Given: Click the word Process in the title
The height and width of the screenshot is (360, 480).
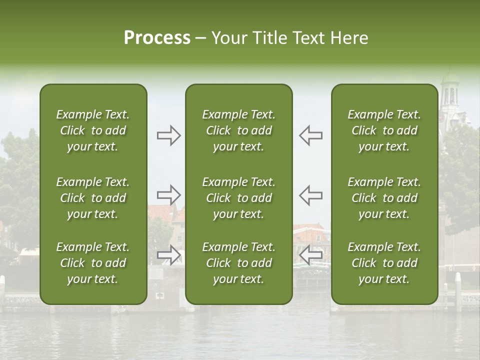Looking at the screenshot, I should coord(157,38).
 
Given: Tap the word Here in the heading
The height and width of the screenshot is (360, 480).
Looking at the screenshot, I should coord(348,38).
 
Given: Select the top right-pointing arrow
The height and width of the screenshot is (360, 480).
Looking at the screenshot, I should coord(168,135).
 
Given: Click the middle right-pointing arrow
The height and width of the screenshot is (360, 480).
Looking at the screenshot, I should coord(168,195).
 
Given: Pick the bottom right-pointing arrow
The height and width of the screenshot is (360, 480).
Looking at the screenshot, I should coord(168,255).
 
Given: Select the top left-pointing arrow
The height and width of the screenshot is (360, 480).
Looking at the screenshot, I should coord(310,135).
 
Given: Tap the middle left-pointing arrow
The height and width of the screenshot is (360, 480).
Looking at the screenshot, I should coord(310,195).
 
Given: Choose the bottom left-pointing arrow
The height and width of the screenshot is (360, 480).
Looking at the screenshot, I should coord(310,255).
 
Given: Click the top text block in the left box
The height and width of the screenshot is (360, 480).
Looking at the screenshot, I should coord(93,130).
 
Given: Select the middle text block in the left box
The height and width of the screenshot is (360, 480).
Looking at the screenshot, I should coord(93,198).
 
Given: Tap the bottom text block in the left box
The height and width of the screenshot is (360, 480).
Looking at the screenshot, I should coord(93,263).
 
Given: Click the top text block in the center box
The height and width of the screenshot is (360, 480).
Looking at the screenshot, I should coord(238,130).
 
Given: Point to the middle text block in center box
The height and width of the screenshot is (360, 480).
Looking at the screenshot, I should coord(238,198).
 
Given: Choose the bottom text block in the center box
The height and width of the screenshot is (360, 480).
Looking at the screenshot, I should coord(238,263).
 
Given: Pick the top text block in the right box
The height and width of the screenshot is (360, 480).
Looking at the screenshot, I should coord(384,130).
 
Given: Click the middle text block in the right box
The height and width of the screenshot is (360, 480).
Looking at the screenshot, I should coord(384,198).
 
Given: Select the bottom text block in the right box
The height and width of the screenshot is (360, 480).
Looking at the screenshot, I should coord(384,263).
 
